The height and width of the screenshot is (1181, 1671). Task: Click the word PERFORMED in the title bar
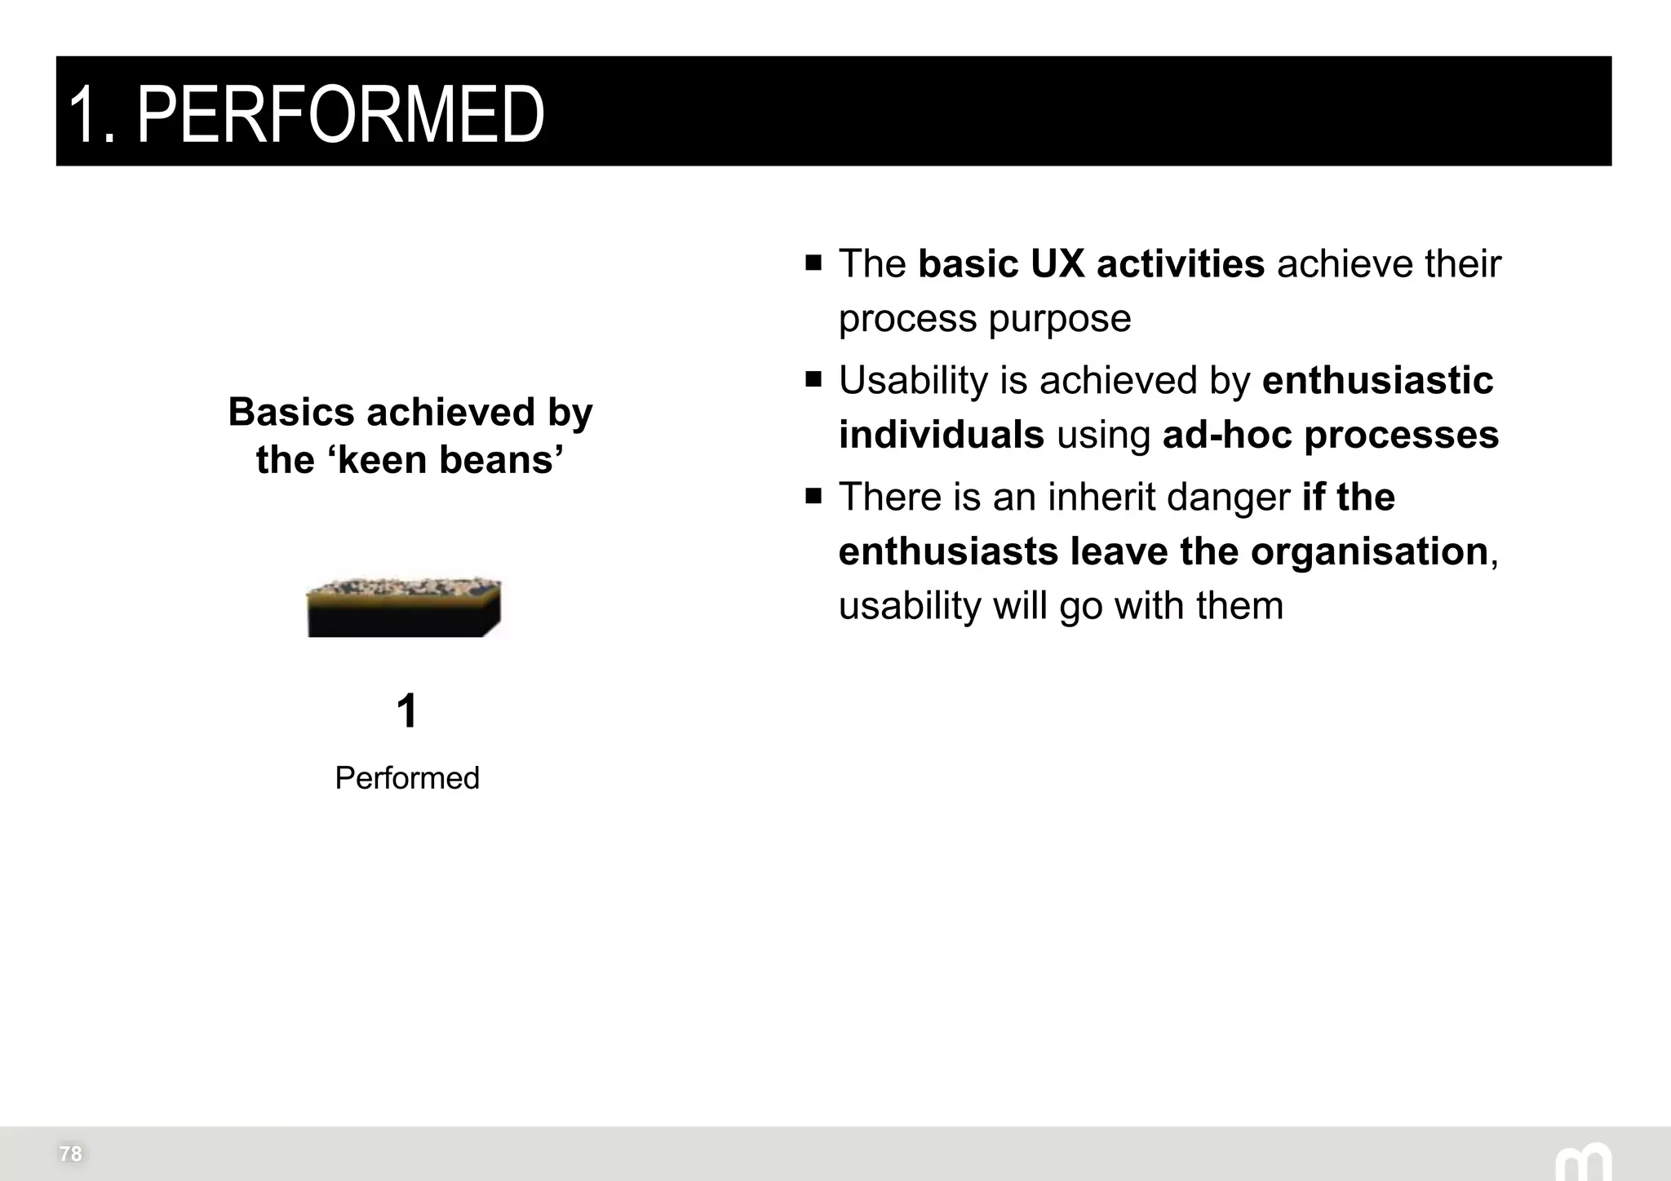tap(340, 114)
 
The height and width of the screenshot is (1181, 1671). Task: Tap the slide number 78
tap(70, 1153)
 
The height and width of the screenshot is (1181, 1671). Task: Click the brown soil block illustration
tap(404, 607)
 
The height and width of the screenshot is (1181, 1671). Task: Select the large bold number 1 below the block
tap(406, 710)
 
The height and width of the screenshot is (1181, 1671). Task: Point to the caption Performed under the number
tap(406, 778)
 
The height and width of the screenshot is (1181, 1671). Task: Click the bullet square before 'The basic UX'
tap(813, 263)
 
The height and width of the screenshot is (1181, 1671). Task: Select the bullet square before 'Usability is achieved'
tap(813, 379)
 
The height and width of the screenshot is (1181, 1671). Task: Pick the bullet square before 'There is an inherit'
tap(813, 496)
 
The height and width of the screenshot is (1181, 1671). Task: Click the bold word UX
tap(1057, 263)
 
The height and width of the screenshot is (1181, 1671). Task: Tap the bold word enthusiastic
tap(1377, 380)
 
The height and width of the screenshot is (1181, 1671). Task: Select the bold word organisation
tap(1369, 551)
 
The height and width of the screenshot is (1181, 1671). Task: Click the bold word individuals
tap(941, 435)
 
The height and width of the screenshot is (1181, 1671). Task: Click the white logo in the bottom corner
tap(1582, 1162)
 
